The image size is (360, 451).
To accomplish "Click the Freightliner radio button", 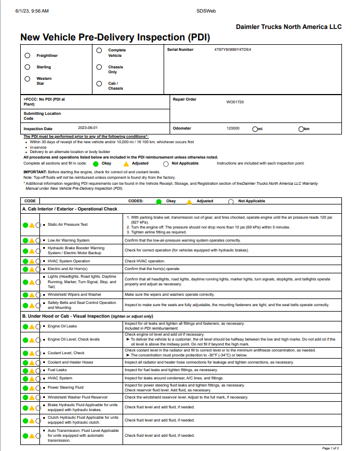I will [x=27, y=55].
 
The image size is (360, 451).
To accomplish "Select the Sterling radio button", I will [x=27, y=67].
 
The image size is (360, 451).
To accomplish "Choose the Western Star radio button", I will [x=27, y=79].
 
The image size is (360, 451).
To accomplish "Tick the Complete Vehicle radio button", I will [x=98, y=50].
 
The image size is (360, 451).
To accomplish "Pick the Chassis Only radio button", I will [x=98, y=67].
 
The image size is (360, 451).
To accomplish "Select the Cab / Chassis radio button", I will [x=98, y=84].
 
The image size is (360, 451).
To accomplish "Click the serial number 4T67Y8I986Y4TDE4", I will [x=233, y=49].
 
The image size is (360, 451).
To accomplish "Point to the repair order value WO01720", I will [x=235, y=102].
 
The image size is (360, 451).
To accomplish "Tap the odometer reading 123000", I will [x=233, y=128].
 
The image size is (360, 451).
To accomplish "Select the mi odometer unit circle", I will [x=255, y=129].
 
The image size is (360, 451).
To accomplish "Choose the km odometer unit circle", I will [x=301, y=129].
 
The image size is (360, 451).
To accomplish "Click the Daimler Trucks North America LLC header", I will [x=288, y=27].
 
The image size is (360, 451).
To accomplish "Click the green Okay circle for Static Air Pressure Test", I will [x=25, y=225].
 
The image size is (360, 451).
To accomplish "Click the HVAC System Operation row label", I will [x=68, y=261].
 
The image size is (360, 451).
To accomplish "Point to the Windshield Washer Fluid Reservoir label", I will [x=77, y=396].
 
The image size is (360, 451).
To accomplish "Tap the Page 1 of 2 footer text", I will [x=330, y=448].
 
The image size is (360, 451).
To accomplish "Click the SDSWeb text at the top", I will [x=206, y=11].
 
